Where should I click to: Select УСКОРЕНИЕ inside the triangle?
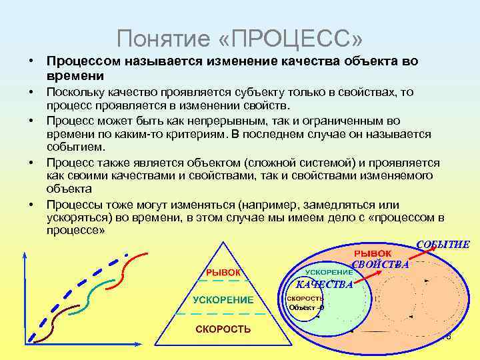tap(223, 300)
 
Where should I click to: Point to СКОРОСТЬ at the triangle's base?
tap(223, 329)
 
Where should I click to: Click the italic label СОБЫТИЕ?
tap(443, 245)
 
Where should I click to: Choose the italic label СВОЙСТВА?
tap(381, 265)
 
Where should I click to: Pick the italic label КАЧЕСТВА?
tap(324, 285)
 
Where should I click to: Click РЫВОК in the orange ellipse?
tap(372, 254)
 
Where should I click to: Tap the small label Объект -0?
tap(307, 307)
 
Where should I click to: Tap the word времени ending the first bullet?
tap(71, 76)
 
